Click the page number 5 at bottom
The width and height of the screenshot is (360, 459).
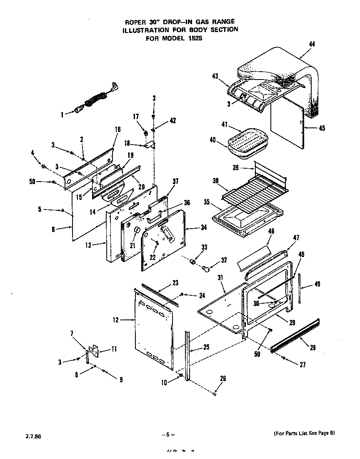coord(167,435)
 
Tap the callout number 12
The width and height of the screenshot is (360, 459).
coord(115,320)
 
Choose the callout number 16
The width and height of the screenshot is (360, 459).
coord(117,130)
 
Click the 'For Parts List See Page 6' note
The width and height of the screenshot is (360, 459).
coord(304,434)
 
